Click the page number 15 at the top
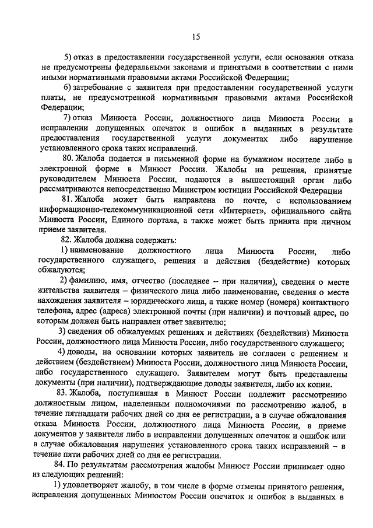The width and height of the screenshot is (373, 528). click(195, 37)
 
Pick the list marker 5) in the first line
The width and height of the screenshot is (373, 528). click(68, 57)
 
